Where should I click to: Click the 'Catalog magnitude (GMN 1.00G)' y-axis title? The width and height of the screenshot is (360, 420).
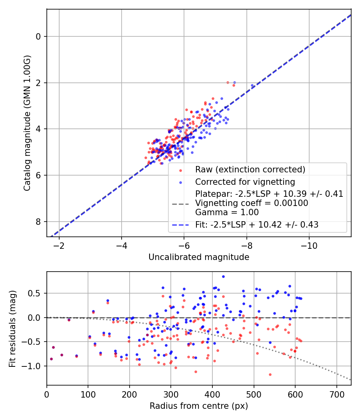pyautogui.click(x=27, y=123)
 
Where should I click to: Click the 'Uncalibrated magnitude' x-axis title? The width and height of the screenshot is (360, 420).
pyautogui.click(x=199, y=257)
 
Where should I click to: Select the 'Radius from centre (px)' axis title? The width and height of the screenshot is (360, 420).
pyautogui.click(x=199, y=406)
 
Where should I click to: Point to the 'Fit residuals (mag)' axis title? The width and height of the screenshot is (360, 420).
pyautogui.click(x=12, y=329)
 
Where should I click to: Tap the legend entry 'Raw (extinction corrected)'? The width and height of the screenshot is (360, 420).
pyautogui.click(x=250, y=170)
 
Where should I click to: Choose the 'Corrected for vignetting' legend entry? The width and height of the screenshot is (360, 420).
pyautogui.click(x=245, y=182)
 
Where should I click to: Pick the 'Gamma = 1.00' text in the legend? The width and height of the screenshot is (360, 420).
pyautogui.click(x=227, y=212)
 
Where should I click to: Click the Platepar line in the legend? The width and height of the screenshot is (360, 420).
pyautogui.click(x=269, y=194)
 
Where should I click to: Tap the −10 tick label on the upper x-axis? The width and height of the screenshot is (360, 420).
pyautogui.click(x=309, y=246)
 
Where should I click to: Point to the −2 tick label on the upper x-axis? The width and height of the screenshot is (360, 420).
pyautogui.click(x=59, y=246)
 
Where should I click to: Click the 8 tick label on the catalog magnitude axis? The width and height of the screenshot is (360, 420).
pyautogui.click(x=38, y=222)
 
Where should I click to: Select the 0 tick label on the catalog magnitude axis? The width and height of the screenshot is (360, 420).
pyautogui.click(x=38, y=36)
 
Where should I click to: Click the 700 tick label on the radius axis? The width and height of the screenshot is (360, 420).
pyautogui.click(x=336, y=394)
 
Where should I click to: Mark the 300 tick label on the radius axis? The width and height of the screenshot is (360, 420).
pyautogui.click(x=171, y=394)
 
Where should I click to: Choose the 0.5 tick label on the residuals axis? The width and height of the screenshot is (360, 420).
pyautogui.click(x=34, y=293)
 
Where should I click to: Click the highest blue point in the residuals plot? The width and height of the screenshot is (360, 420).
pyautogui.click(x=223, y=277)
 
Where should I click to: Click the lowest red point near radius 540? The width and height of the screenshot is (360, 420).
pyautogui.click(x=270, y=374)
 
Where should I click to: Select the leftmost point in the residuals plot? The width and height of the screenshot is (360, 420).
pyautogui.click(x=52, y=359)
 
